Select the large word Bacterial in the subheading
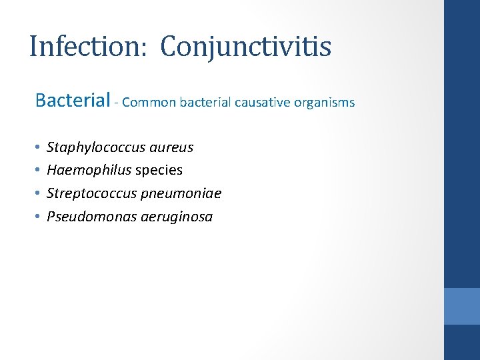point(72,101)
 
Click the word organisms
point(326,103)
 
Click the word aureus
point(172,147)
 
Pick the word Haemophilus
point(89,170)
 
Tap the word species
point(159,171)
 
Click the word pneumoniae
point(182,193)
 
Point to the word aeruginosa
point(177,217)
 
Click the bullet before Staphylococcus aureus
point(37,147)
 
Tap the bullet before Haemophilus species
point(37,170)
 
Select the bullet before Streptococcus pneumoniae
point(37,193)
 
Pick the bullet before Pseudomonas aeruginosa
point(37,217)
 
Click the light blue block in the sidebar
point(462,306)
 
